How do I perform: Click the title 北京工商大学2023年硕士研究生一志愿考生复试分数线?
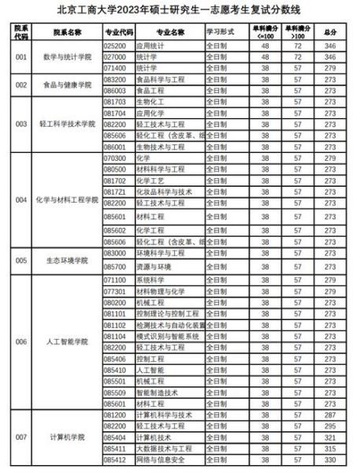pyautogui.click(x=180, y=9)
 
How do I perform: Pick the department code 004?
pyautogui.click(x=21, y=200)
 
